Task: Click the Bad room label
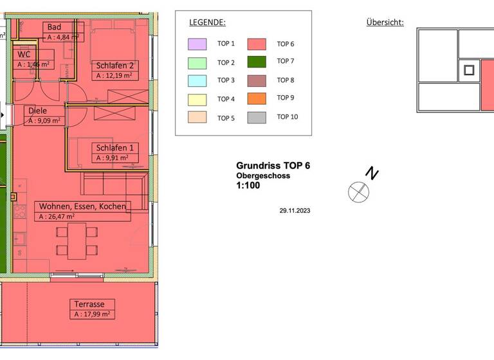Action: point(55,27)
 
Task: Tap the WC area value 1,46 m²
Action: point(34,65)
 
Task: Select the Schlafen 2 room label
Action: point(114,66)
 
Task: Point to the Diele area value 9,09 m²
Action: point(45,120)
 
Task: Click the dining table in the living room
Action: point(77,240)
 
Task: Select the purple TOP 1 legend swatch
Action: point(197,44)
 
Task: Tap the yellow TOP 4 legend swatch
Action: point(197,100)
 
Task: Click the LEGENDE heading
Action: point(207,22)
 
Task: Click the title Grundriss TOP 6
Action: point(273,166)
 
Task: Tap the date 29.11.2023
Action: point(295,210)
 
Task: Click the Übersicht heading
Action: point(385,22)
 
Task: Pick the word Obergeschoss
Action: point(262,175)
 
